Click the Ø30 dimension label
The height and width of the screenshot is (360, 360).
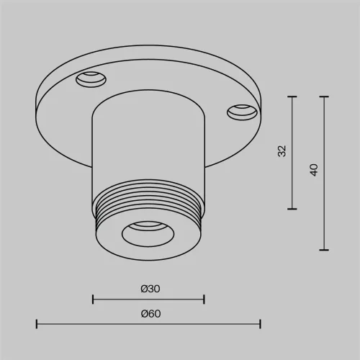tap(150, 289)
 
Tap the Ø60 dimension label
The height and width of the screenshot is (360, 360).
tap(150, 314)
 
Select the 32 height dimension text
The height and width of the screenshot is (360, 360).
tap(282, 151)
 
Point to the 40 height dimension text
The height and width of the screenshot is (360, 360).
tap(314, 170)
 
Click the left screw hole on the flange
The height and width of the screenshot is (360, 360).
tap(91, 79)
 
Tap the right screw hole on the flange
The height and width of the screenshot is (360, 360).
tap(242, 112)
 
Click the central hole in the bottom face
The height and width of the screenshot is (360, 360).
tap(148, 234)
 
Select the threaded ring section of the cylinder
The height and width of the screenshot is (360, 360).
tap(148, 204)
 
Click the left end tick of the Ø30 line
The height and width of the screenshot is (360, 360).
tap(93, 300)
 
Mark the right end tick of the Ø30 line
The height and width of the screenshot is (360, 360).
tap(204, 300)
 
